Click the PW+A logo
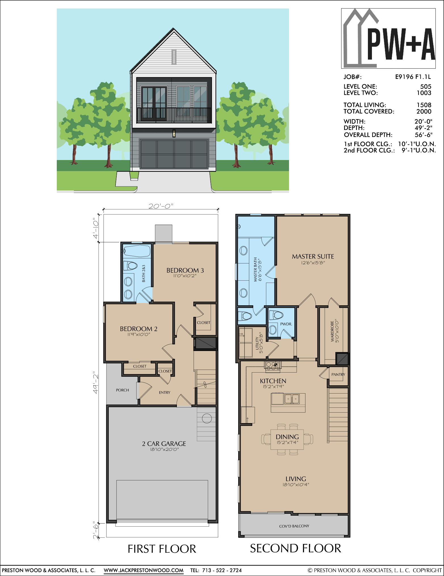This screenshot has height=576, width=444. [x=388, y=38]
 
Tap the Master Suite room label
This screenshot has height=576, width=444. [x=313, y=257]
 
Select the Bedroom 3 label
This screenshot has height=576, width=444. [x=185, y=270]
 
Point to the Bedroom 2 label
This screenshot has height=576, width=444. [x=139, y=329]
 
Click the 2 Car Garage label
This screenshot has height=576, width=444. [x=164, y=444]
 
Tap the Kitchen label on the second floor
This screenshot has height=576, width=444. [x=273, y=381]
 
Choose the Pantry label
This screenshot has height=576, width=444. [x=338, y=375]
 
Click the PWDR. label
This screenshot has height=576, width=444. [x=286, y=324]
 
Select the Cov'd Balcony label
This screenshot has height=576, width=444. [x=294, y=526]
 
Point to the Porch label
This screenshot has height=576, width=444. [x=122, y=390]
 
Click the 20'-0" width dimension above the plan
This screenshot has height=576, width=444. [x=161, y=206]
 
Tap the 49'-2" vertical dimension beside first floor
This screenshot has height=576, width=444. [x=96, y=383]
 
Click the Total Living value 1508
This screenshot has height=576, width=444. [x=424, y=105]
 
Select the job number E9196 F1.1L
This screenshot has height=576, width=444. [x=413, y=77]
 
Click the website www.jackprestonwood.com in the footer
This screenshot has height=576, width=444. [x=144, y=570]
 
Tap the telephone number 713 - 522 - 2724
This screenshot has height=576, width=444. [x=222, y=570]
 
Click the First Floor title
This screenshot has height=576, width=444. [x=162, y=549]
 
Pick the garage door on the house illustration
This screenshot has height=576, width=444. [x=174, y=154]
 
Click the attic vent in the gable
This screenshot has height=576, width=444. [x=174, y=57]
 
